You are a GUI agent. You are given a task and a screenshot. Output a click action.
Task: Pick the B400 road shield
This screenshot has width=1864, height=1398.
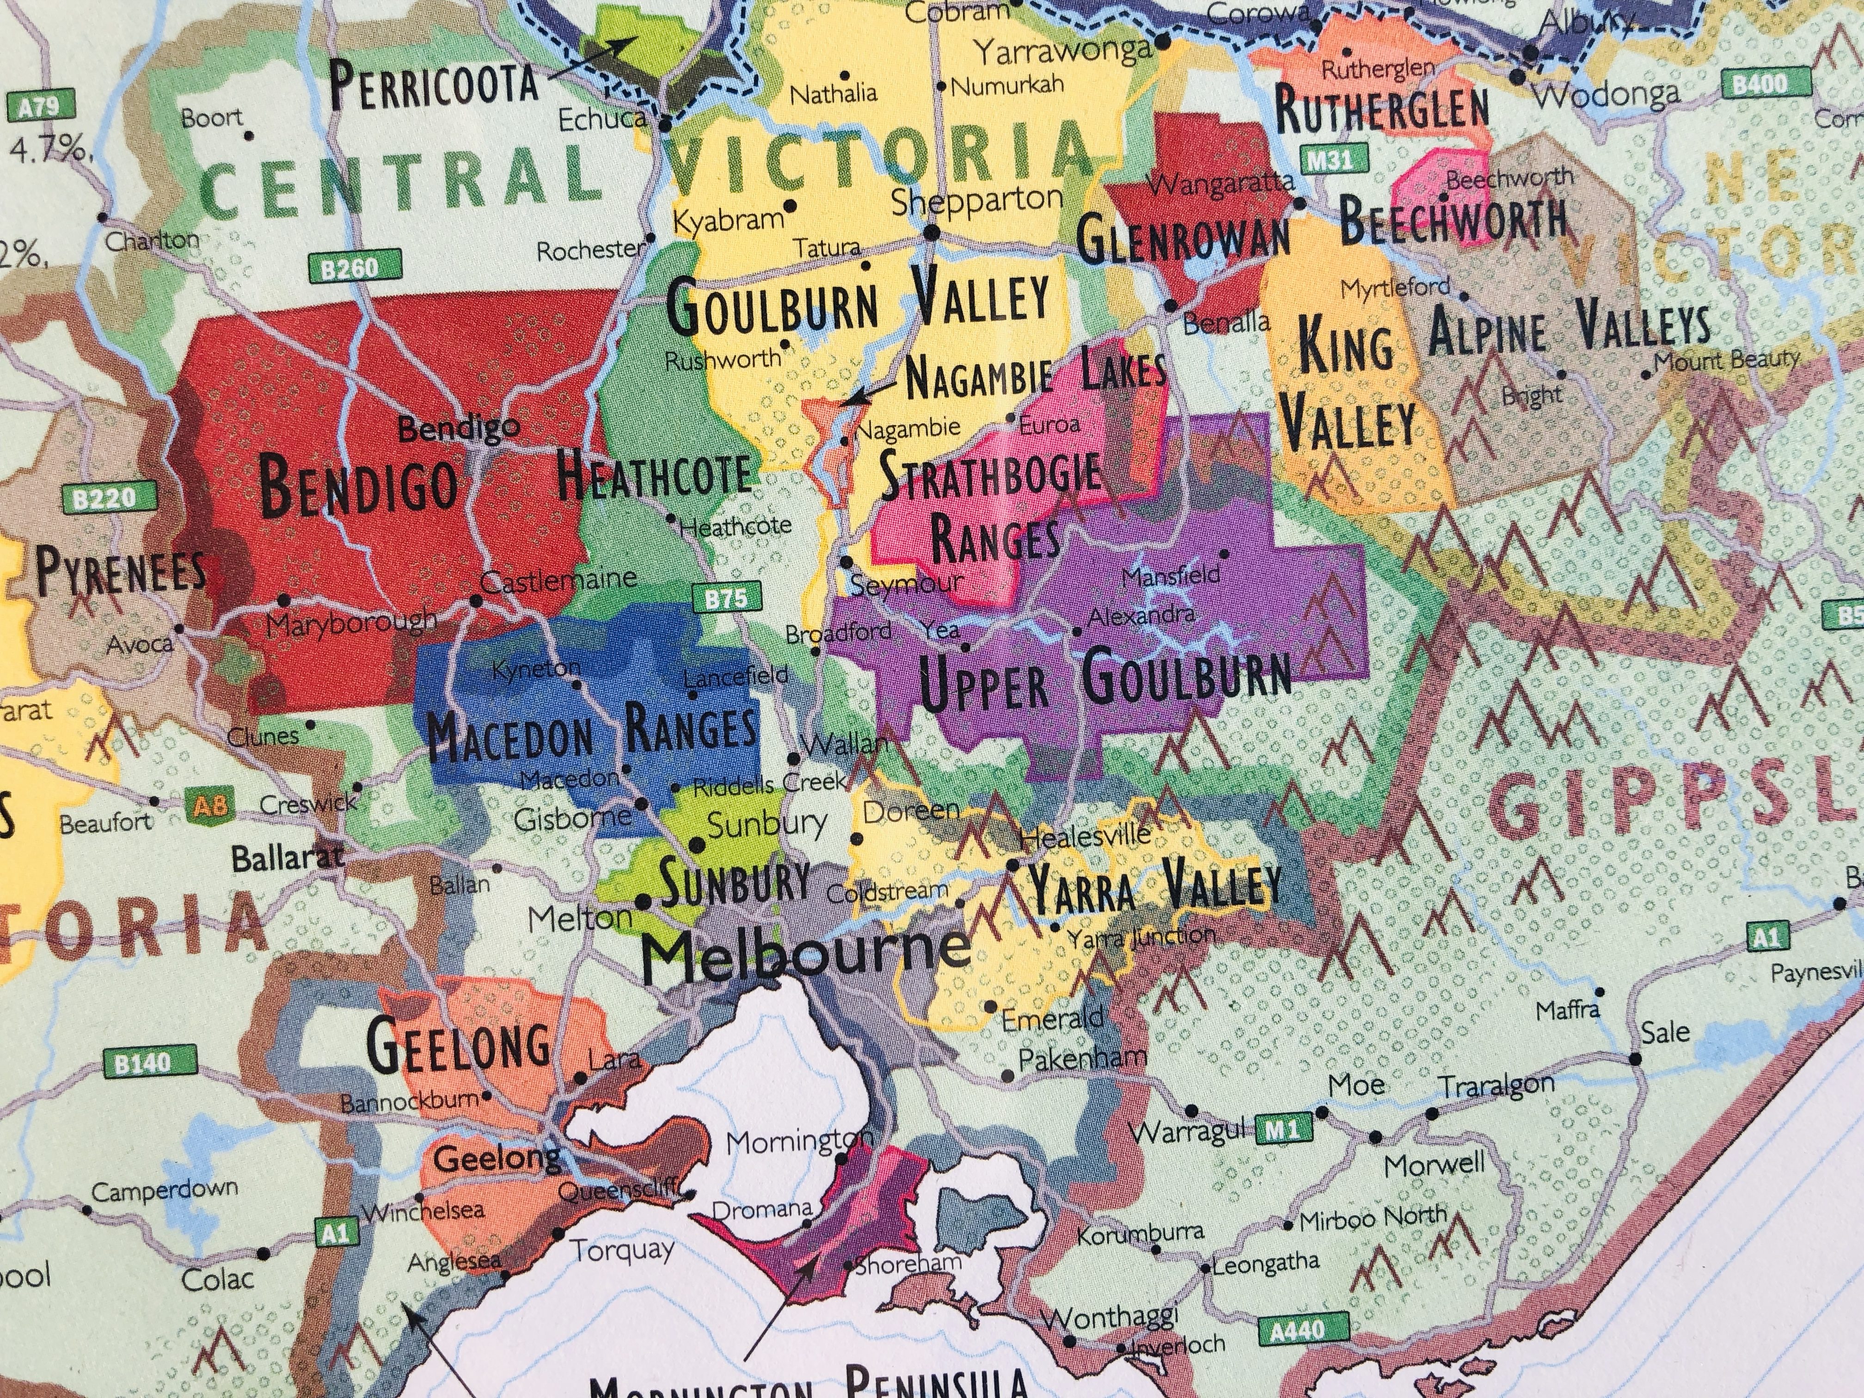coord(1760,84)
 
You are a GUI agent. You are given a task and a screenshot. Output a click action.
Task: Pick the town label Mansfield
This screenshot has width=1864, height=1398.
coord(1171,576)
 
